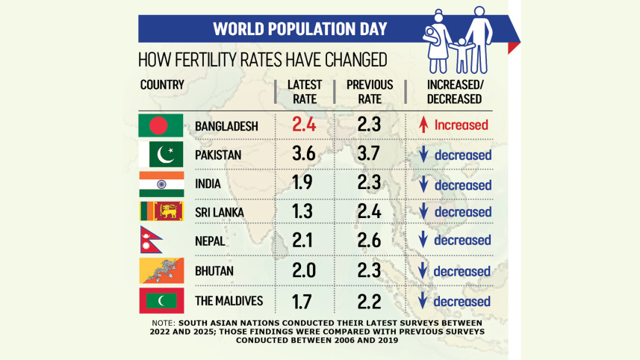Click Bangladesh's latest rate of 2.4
pyautogui.click(x=304, y=125)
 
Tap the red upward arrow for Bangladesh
pyautogui.click(x=423, y=125)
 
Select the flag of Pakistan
pyautogui.click(x=161, y=155)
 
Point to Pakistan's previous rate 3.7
pyautogui.click(x=369, y=154)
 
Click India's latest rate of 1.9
pyautogui.click(x=302, y=182)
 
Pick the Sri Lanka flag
pyautogui.click(x=161, y=211)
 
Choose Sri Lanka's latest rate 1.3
pyautogui.click(x=302, y=211)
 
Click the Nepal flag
pyautogui.click(x=150, y=240)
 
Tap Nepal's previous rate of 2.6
pyautogui.click(x=369, y=240)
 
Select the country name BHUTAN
pyautogui.click(x=214, y=271)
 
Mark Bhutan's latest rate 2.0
pyautogui.click(x=304, y=270)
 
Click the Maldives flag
pyautogui.click(x=161, y=301)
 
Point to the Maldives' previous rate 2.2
pyautogui.click(x=369, y=302)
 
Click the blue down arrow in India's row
pyautogui.click(x=423, y=184)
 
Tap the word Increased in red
pyautogui.click(x=462, y=125)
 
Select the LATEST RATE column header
pyautogui.click(x=305, y=92)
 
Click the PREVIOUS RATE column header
pyautogui.click(x=370, y=92)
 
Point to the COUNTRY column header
pyautogui.click(x=162, y=85)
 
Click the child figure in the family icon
pyautogui.click(x=462, y=56)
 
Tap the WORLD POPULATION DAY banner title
pyautogui.click(x=300, y=29)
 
